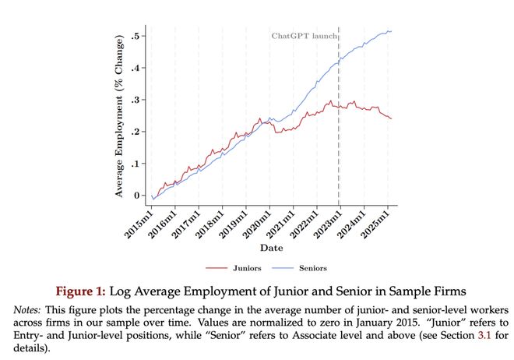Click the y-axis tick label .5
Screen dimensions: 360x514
point(136,37)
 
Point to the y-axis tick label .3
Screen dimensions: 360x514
point(136,101)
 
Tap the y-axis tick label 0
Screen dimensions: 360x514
point(138,196)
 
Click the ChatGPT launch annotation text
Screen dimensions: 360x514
point(304,36)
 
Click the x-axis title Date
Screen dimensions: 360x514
point(272,248)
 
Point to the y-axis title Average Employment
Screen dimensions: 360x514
point(120,117)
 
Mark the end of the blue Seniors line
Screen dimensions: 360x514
point(391,31)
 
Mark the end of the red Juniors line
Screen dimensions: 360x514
point(391,118)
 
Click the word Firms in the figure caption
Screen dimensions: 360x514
point(447,291)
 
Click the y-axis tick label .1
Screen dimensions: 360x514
point(136,164)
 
